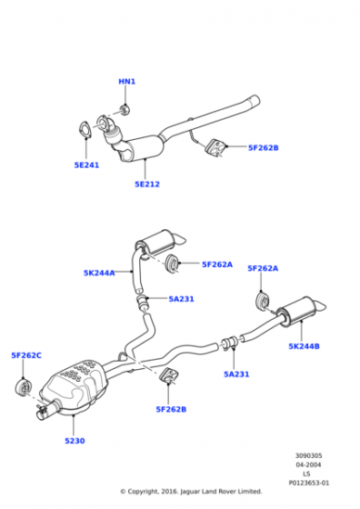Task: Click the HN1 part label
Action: [126, 81]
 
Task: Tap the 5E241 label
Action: [86, 165]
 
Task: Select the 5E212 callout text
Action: [147, 184]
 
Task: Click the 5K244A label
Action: [99, 273]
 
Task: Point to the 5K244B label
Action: [305, 346]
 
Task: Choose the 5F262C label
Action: [26, 355]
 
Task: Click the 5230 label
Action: [75, 441]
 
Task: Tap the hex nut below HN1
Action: [125, 110]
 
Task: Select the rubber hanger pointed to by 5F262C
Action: [24, 387]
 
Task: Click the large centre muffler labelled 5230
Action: [75, 386]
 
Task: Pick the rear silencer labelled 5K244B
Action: [300, 310]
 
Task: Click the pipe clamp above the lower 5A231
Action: [229, 344]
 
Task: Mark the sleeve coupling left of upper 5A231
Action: [141, 302]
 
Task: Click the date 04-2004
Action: [308, 464]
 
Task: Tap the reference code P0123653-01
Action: [309, 483]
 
